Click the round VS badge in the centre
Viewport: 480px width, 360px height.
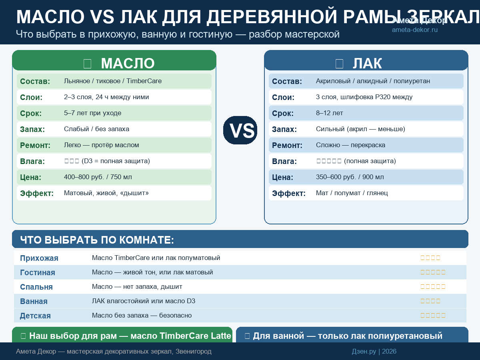pyautogui.click(x=240, y=130)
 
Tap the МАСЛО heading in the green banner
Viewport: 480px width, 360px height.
pyautogui.click(x=128, y=64)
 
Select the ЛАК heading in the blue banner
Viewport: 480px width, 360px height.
pyautogui.click(x=367, y=64)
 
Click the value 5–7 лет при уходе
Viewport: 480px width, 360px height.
pyautogui.click(x=92, y=113)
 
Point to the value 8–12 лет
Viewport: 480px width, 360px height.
pyautogui.click(x=329, y=113)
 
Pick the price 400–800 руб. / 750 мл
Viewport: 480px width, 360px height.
pyautogui.click(x=98, y=177)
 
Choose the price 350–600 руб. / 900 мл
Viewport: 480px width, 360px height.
pyautogui.click(x=350, y=177)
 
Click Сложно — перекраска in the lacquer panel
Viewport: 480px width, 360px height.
pyautogui.click(x=350, y=145)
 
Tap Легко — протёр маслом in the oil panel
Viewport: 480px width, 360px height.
pyautogui.click(x=102, y=145)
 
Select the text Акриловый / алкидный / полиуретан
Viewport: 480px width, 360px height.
pyautogui.click(x=373, y=81)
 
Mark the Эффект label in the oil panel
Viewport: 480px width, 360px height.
pyautogui.click(x=37, y=194)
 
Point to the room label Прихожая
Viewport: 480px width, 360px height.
pyautogui.click(x=39, y=258)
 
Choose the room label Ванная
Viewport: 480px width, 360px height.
pyautogui.click(x=34, y=302)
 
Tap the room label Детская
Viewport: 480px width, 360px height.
pyautogui.click(x=35, y=316)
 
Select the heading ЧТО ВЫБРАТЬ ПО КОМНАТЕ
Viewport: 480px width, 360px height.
pyautogui.click(x=97, y=240)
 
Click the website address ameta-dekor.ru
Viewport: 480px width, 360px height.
pyautogui.click(x=414, y=30)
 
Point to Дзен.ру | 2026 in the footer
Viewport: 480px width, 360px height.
pyautogui.click(x=374, y=352)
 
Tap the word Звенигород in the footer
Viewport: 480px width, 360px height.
pyautogui.click(x=193, y=352)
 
